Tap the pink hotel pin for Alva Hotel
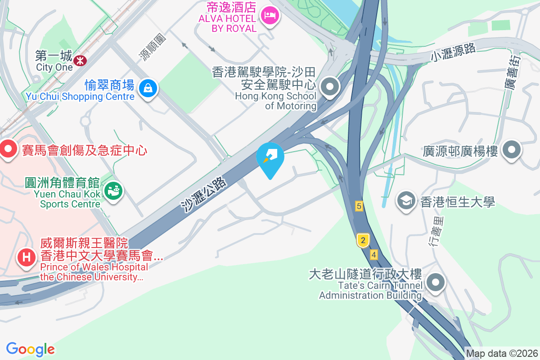tap(270, 16)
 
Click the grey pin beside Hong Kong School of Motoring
tap(330, 86)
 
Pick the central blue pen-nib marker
tap(270, 157)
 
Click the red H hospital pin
tap(27, 258)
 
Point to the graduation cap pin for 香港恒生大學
tap(407, 201)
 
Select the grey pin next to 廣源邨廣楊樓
tap(512, 150)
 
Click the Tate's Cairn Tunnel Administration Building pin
tap(436, 283)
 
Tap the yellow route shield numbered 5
tap(359, 206)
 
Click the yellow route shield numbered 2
tap(363, 240)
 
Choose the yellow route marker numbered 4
tap(373, 255)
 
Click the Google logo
tap(30, 349)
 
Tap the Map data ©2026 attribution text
tap(502, 353)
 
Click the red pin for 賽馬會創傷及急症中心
tap(8, 150)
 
